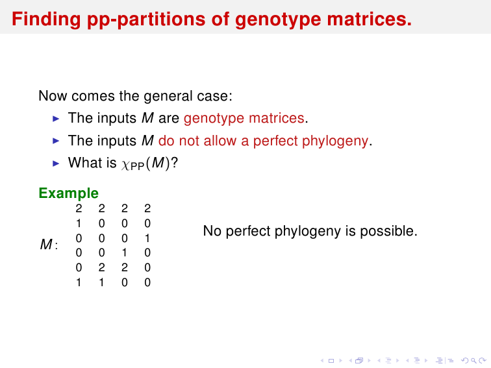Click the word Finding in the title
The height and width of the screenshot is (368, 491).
pos(46,19)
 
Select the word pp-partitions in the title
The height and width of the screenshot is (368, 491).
pos(146,20)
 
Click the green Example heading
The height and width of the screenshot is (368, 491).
pos(69,193)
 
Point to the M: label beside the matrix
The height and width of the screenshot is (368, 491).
pos(49,244)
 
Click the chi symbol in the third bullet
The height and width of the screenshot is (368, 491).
pos(125,165)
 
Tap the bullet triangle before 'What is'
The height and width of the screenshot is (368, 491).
pos(56,164)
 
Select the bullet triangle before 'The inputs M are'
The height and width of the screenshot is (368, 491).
pos(56,119)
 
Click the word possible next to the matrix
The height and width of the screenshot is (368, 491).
pos(388,231)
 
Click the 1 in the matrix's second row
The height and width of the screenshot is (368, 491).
pos(79,223)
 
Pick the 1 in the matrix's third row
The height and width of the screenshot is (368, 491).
pos(147,238)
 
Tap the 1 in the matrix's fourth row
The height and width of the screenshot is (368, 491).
pos(124,252)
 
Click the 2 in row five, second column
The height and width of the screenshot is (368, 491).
pos(101,267)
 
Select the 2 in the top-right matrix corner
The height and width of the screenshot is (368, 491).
pos(147,208)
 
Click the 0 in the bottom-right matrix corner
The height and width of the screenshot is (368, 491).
pos(147,282)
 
